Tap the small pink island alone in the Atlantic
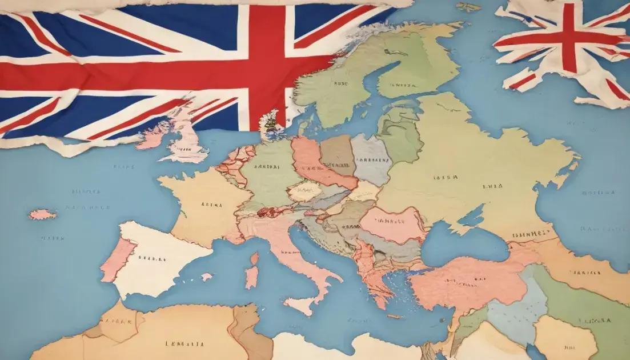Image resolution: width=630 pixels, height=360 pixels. pos(42,214)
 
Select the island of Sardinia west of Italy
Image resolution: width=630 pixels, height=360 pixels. pos(251,277)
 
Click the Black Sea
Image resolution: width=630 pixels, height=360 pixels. pos(463,243)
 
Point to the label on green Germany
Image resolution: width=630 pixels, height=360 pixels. pos(266,168)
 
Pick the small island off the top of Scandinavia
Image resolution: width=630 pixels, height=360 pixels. pos(468,7)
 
